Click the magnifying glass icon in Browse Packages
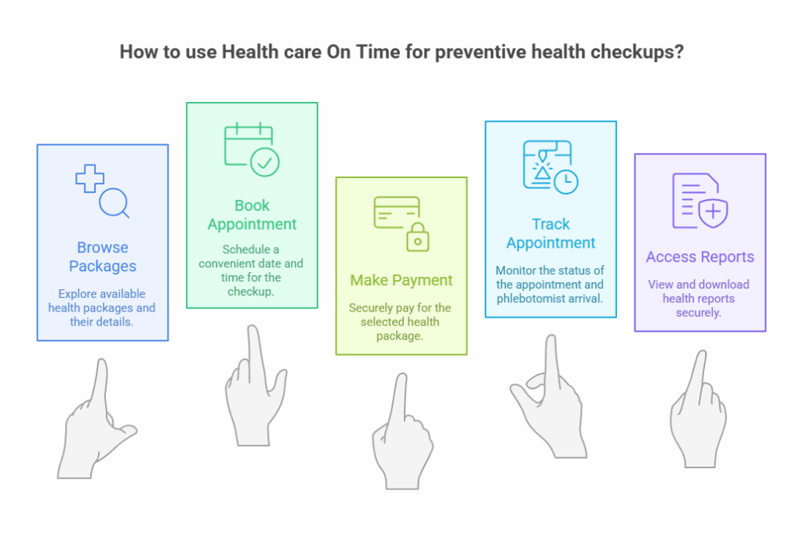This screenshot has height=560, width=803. [x=113, y=202]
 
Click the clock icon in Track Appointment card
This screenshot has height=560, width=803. [x=565, y=182]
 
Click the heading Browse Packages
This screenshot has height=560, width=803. [x=103, y=256]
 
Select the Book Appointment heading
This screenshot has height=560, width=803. [x=252, y=215]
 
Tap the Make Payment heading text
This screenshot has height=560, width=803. [x=401, y=280]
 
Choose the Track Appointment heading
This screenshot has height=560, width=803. [x=550, y=234]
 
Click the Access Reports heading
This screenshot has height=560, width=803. [x=699, y=257]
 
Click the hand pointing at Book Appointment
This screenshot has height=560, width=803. [x=252, y=392]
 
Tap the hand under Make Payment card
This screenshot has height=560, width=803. [x=402, y=439]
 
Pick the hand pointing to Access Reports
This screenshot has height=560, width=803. [x=698, y=416]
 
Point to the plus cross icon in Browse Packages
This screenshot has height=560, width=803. [x=89, y=179]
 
